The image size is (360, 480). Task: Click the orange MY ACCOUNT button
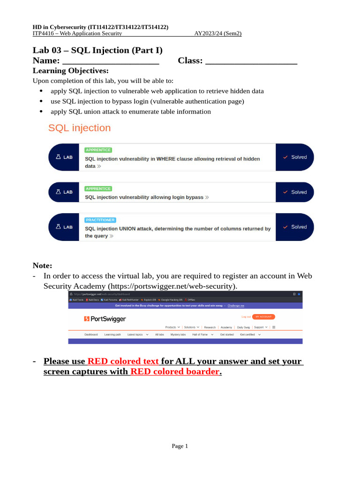[x=263, y=317]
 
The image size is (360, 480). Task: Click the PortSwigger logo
[x=105, y=319]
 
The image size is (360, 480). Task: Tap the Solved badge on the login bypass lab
[x=295, y=192]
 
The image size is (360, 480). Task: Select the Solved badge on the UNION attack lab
[x=295, y=227]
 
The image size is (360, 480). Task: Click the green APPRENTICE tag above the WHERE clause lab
[x=98, y=150]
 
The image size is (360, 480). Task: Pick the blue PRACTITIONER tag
[x=100, y=220]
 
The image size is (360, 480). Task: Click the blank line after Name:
[x=111, y=61]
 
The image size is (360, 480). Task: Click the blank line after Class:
[x=251, y=61]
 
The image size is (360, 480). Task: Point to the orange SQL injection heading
[x=80, y=128]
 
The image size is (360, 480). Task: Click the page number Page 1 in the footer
[x=180, y=446]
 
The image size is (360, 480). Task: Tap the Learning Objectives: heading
[x=70, y=71]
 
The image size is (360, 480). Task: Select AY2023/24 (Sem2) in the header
[x=218, y=33]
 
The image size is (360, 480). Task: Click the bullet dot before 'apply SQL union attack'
[x=41, y=112]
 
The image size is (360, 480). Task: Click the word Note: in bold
[x=42, y=266]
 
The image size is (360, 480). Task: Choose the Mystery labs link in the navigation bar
[x=178, y=335]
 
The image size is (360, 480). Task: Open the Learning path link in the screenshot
[x=112, y=335]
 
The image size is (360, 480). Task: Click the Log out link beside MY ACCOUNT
[x=246, y=317]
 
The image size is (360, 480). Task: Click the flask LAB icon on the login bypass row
[x=64, y=192]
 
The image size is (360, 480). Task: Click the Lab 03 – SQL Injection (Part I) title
[x=97, y=50]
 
